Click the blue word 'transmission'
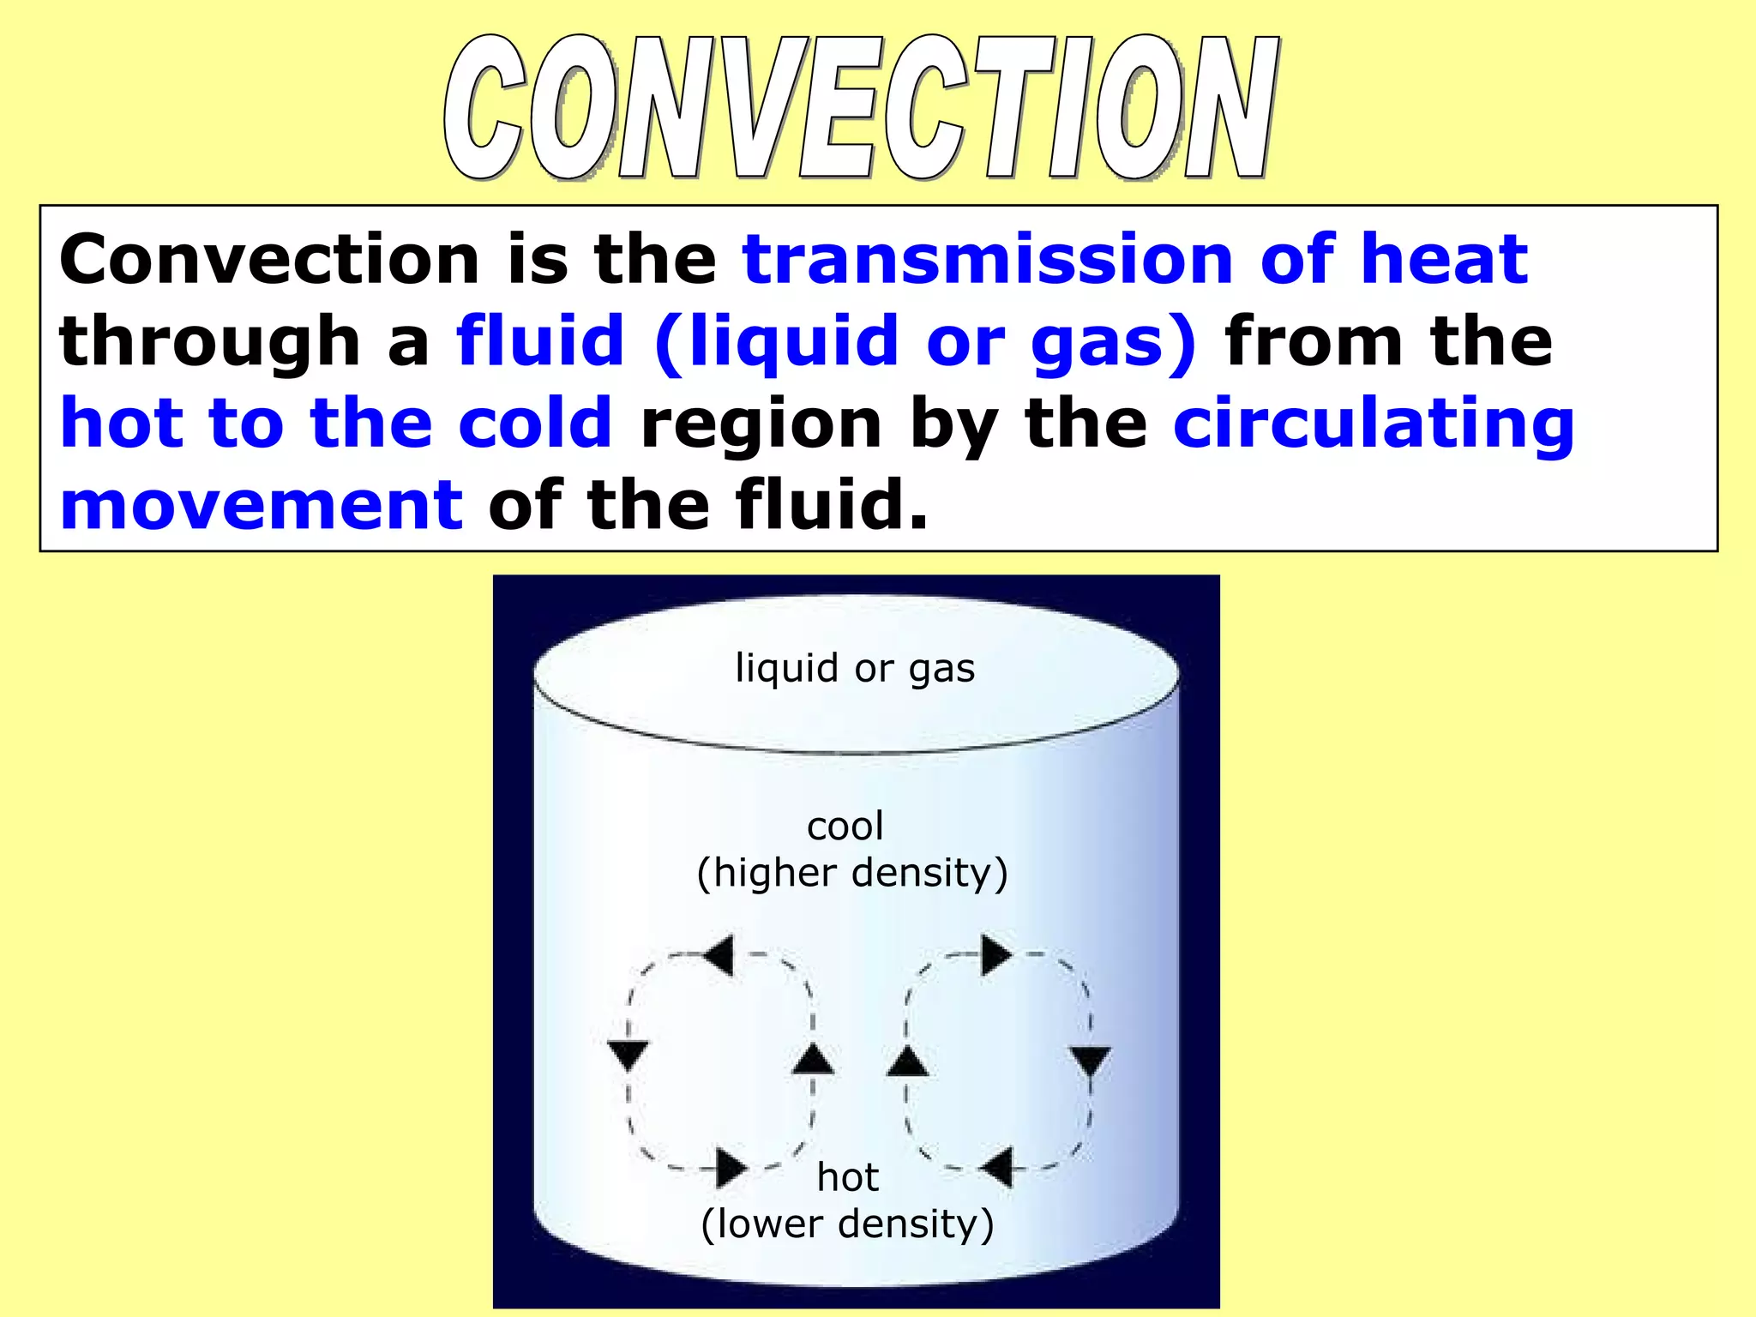(x=987, y=259)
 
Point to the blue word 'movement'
(x=262, y=506)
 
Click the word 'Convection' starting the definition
(x=269, y=259)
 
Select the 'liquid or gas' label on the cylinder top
(x=855, y=668)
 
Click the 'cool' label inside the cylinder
(x=845, y=827)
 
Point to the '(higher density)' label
(x=852, y=873)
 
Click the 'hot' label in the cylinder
(x=847, y=1177)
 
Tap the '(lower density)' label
(x=847, y=1224)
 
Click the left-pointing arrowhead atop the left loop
(x=719, y=955)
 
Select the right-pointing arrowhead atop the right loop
(x=995, y=955)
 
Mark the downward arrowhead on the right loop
(x=1091, y=1061)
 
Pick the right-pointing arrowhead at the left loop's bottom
(x=731, y=1168)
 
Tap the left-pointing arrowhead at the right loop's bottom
(x=997, y=1168)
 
